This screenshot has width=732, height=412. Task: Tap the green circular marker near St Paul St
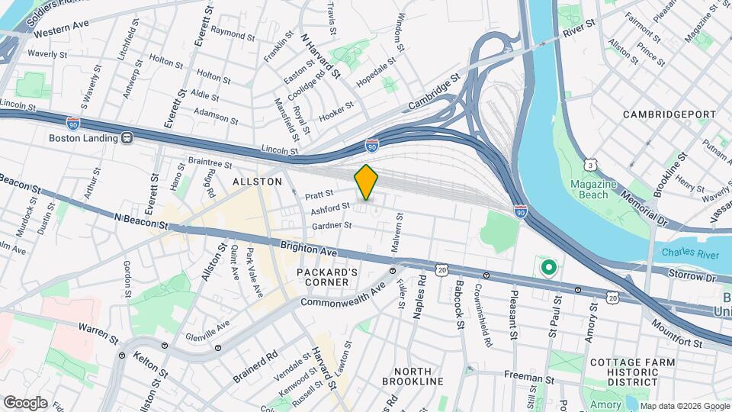(x=547, y=268)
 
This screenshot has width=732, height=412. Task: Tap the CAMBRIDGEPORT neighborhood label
(x=669, y=114)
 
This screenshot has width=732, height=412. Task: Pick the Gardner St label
(x=332, y=226)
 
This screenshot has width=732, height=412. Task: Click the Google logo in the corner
(x=25, y=402)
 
